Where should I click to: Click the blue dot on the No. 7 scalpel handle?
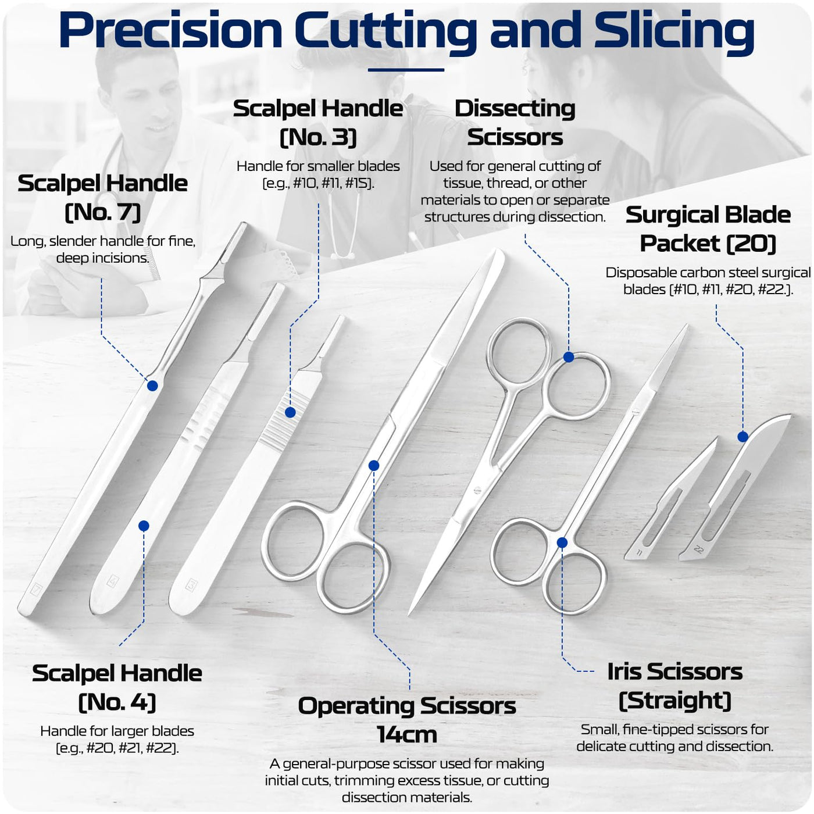coord(152,385)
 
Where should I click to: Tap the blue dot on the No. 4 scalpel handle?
coord(144,526)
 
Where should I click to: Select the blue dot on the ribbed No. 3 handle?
coord(290,412)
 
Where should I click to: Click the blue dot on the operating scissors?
coord(374,466)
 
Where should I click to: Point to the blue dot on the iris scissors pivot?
coord(562,542)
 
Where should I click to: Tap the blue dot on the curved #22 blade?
coord(743,437)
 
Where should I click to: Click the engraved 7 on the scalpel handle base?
coord(35,589)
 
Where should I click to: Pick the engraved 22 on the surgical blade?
coord(698,549)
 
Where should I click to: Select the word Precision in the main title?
coord(171,30)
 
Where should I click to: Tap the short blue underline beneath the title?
coord(406,70)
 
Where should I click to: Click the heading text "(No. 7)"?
coord(103,212)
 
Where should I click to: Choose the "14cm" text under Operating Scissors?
coord(407,734)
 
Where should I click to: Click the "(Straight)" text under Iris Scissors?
coord(674,700)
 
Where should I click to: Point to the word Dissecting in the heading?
coord(515,109)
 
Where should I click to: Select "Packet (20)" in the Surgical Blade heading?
coord(708,243)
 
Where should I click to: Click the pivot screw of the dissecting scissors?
coord(478,490)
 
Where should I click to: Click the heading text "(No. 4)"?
coord(117,702)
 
